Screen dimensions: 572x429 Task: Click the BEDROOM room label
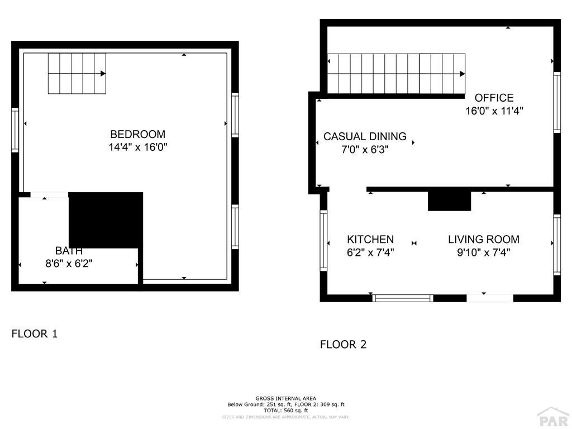[x=137, y=134]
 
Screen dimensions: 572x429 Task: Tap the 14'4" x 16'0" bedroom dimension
[x=137, y=147]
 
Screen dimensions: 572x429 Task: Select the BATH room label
[x=69, y=251]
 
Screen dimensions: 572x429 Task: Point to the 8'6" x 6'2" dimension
[x=69, y=264]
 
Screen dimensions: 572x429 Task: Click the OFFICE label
[x=494, y=98]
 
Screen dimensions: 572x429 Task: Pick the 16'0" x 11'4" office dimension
[x=494, y=111]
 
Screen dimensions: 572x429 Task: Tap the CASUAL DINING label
[x=365, y=136]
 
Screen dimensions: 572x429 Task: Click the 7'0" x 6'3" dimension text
[x=365, y=149]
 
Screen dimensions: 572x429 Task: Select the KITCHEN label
[x=370, y=239]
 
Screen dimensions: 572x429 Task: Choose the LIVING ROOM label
[x=484, y=239]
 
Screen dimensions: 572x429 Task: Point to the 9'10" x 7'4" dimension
[x=484, y=252]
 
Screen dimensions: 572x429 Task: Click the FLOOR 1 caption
[x=35, y=334]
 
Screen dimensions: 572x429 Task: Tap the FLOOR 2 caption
[x=344, y=344]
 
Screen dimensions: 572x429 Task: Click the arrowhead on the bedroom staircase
[x=103, y=73]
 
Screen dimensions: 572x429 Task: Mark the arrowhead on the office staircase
[x=462, y=74]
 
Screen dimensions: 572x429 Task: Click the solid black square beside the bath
[x=106, y=220]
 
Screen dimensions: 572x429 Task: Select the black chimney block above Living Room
[x=450, y=201]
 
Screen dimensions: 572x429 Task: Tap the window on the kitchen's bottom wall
[x=403, y=298]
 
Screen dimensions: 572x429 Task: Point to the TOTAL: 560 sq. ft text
[x=286, y=411]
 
